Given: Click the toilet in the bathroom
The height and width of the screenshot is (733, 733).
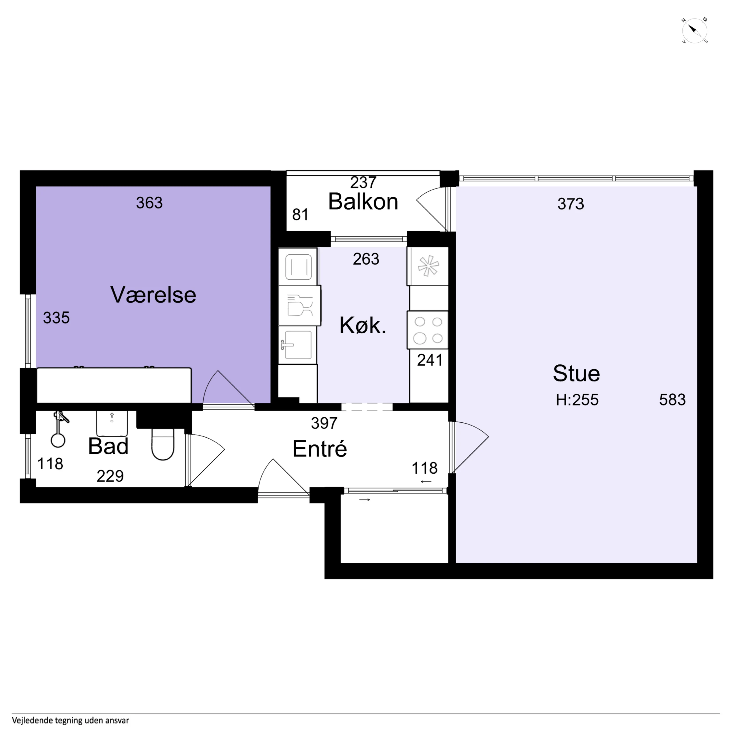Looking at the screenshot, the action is tap(163, 444).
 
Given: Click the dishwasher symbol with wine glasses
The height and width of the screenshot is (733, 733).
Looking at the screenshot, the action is tap(299, 305).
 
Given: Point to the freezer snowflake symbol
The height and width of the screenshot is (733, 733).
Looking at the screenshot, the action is tap(428, 266).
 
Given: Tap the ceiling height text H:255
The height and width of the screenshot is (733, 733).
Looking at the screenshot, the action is tap(577, 400).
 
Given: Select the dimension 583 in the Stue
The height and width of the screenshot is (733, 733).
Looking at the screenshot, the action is tap(672, 400).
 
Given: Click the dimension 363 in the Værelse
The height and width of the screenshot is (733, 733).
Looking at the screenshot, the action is tap(149, 203).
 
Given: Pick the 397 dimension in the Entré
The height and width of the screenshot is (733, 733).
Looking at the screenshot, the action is tap(324, 423).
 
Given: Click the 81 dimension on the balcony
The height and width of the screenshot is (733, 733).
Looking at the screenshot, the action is tap(300, 215).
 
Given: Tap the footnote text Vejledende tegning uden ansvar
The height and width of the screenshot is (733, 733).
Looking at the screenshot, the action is tap(70, 720).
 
